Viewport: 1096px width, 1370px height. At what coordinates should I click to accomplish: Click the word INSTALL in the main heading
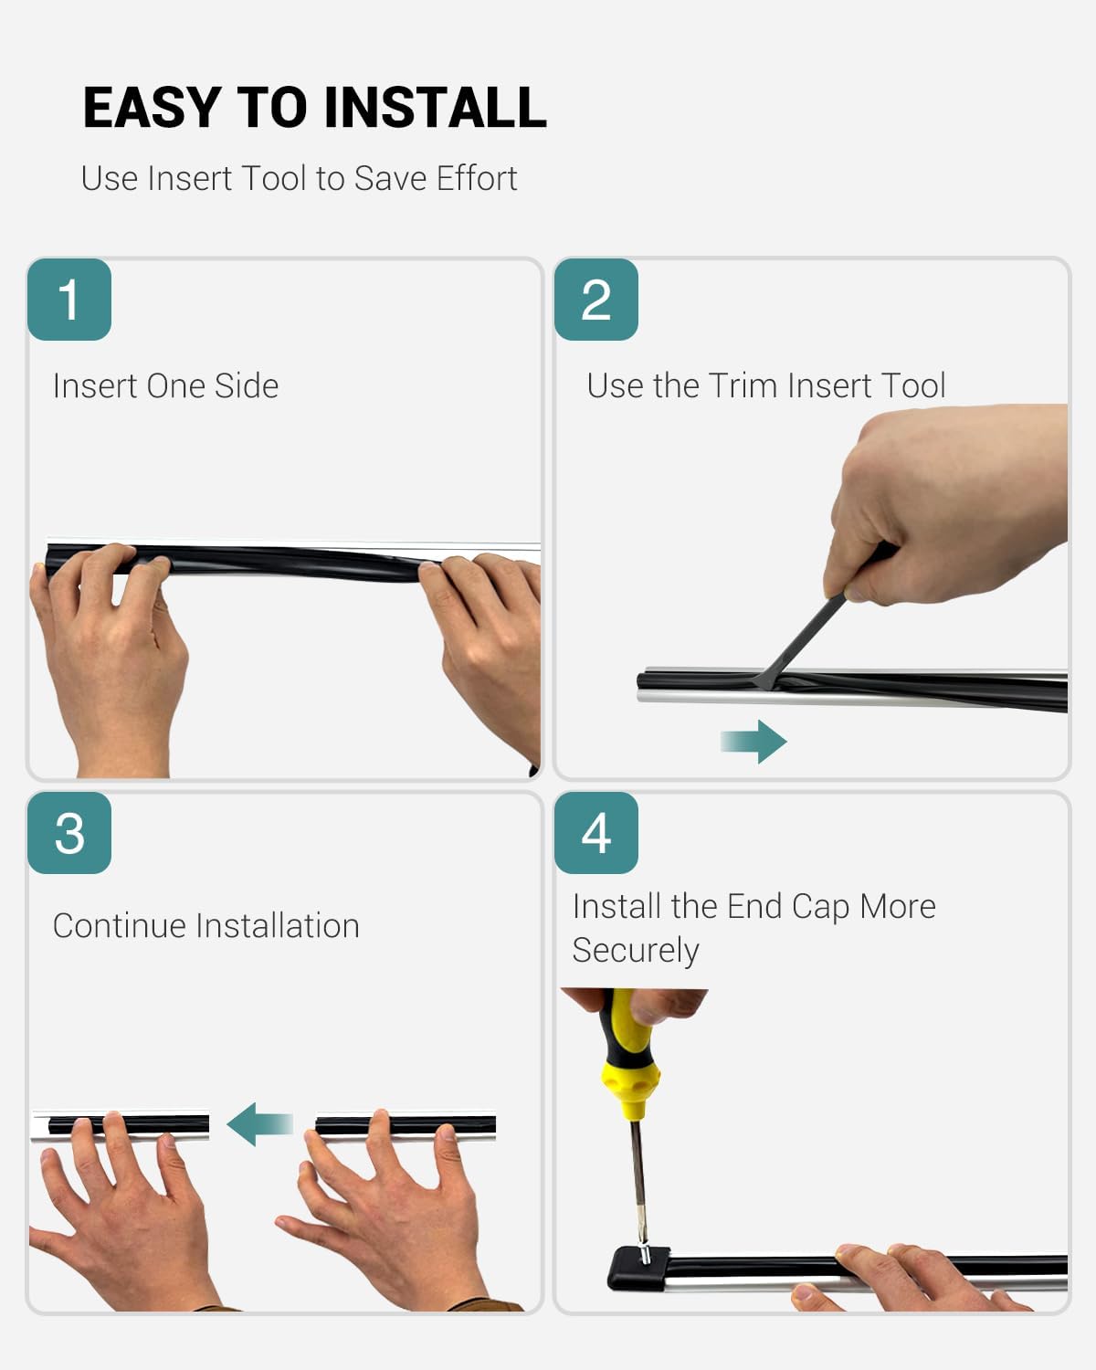coord(436,108)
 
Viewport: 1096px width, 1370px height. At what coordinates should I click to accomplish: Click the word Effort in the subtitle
coord(477,178)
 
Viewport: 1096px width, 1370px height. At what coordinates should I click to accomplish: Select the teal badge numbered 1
coord(69,300)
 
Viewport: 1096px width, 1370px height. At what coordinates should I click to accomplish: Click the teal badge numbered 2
coord(596,300)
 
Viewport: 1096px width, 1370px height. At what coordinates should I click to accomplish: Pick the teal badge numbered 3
coord(69,833)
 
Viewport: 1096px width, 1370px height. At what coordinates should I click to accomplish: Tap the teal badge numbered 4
coord(596,833)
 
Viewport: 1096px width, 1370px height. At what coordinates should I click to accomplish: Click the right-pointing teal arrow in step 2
coord(754,742)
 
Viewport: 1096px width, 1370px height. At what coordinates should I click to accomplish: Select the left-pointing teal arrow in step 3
coord(259,1124)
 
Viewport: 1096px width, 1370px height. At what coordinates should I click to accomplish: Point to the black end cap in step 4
coord(638,1268)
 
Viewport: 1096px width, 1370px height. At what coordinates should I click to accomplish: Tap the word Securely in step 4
coord(636,951)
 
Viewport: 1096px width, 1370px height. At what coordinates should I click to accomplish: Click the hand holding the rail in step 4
coord(917,1277)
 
